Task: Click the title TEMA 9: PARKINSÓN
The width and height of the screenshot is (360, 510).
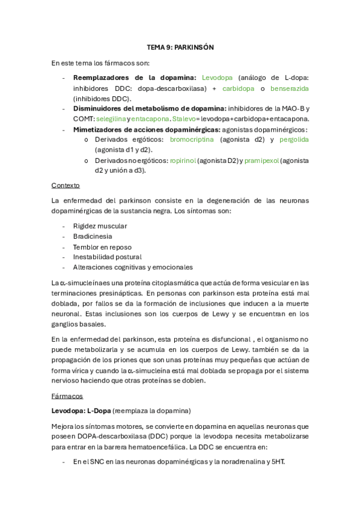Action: [x=180, y=47]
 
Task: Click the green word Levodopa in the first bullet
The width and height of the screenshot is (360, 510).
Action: [x=218, y=78]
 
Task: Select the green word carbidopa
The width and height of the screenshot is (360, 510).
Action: [x=238, y=88]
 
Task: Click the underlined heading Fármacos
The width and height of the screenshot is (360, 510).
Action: [x=67, y=396]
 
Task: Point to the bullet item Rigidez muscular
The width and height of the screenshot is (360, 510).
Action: [x=100, y=226]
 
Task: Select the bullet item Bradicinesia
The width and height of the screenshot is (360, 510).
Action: [x=93, y=236]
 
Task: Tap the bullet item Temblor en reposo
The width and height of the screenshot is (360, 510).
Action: [x=102, y=247]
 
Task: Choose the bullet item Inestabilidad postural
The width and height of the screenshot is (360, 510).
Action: [x=107, y=257]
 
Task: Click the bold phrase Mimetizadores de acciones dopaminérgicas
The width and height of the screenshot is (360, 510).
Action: [x=147, y=129]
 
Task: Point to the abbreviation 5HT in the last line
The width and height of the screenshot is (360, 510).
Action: [x=277, y=461]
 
